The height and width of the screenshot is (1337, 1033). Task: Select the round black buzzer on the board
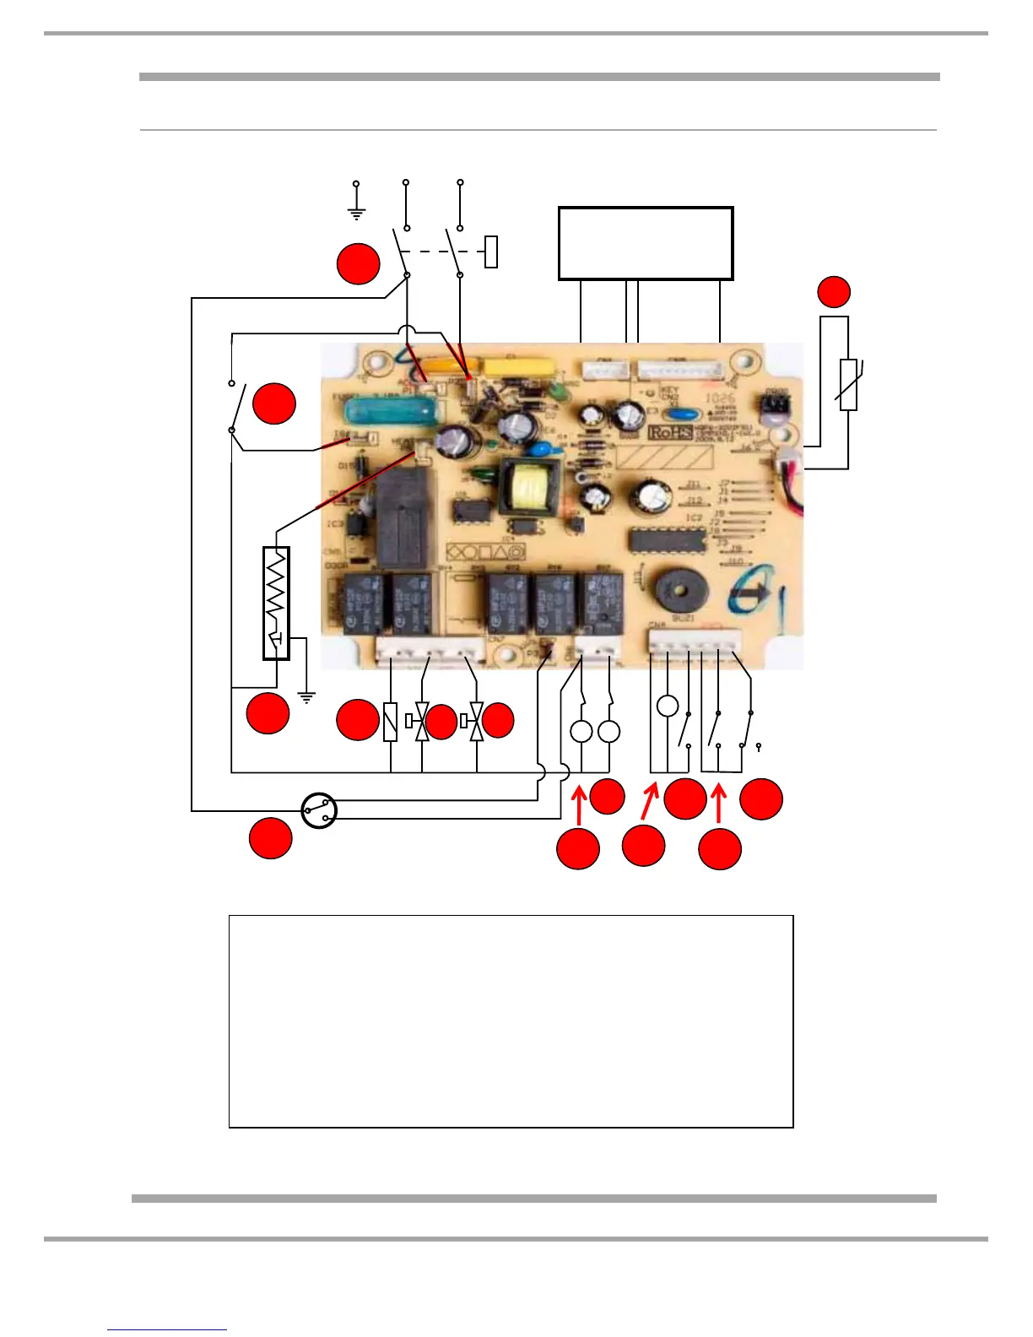pos(680,589)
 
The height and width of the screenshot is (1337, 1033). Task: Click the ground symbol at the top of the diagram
pos(356,203)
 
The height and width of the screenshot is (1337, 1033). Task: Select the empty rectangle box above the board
pos(646,243)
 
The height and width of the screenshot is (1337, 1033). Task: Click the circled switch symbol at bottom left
pos(319,811)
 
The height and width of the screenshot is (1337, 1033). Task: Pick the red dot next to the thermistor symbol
pos(834,291)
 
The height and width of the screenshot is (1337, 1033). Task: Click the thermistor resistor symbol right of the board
pos(849,384)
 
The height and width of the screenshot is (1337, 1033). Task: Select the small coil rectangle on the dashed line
pos(491,252)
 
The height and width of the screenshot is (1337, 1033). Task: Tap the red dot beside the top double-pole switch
pos(358,264)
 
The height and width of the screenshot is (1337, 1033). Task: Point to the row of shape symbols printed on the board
pos(484,552)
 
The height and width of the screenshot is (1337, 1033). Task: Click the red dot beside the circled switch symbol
pos(271,838)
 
